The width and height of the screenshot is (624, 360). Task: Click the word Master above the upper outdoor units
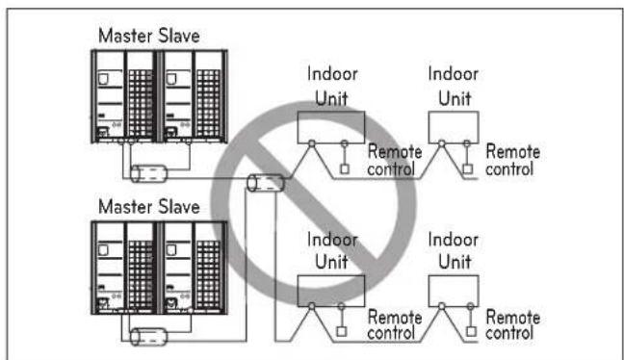(x=125, y=36)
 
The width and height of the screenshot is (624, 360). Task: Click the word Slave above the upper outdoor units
(x=179, y=36)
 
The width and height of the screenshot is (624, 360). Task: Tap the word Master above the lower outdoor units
(x=125, y=207)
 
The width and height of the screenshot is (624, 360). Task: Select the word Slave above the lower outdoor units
(x=179, y=207)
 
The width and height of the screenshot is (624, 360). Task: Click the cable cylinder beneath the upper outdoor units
(x=149, y=174)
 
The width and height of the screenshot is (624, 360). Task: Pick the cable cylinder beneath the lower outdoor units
(x=149, y=337)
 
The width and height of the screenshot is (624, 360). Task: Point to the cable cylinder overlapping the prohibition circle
(x=266, y=183)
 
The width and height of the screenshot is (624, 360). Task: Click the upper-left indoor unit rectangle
(x=331, y=127)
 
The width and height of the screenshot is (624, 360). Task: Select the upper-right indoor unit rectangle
(x=454, y=127)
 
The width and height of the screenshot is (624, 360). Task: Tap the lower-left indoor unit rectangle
(x=331, y=291)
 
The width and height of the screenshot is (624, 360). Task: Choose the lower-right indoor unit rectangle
(x=454, y=291)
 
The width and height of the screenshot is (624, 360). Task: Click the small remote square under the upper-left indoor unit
(x=345, y=169)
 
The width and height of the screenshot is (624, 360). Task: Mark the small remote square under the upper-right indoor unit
(x=468, y=169)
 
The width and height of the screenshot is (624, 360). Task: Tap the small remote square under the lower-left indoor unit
(x=342, y=331)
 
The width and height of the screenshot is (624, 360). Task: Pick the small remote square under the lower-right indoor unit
(x=471, y=331)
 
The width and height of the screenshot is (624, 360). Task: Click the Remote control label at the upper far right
(x=512, y=161)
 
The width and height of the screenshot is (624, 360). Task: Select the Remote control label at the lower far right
(x=512, y=325)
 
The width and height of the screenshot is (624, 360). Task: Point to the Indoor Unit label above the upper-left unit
(x=332, y=87)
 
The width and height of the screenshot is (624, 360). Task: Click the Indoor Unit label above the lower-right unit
(x=454, y=251)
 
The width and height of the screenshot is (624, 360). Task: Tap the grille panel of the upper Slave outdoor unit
(x=208, y=104)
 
